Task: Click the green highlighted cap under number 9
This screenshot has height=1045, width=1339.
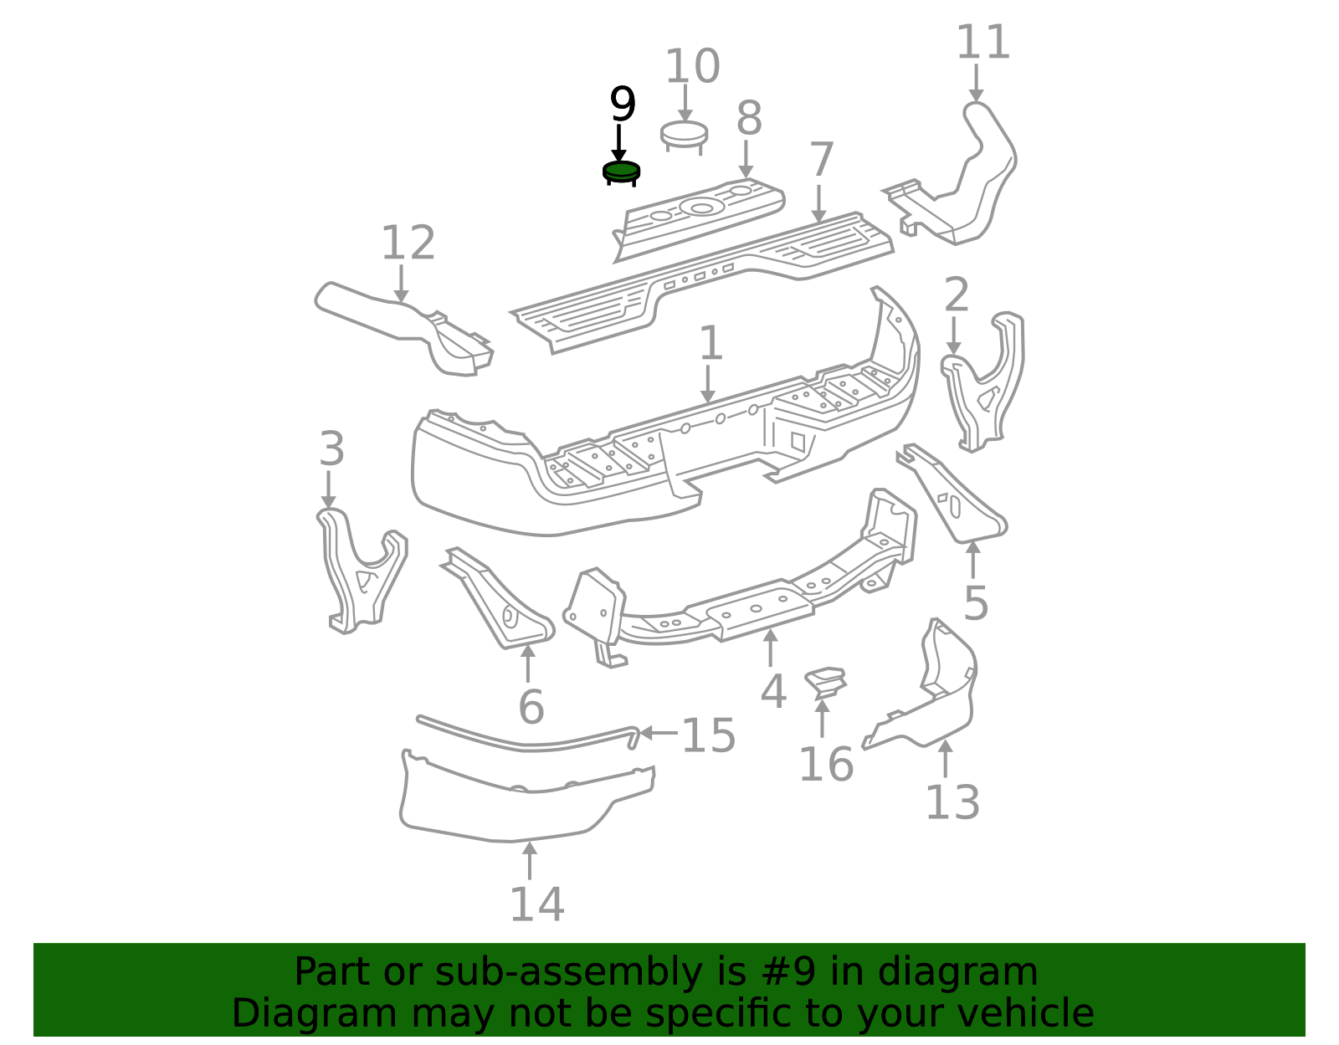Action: click(621, 172)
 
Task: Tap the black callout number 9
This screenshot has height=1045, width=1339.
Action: click(623, 104)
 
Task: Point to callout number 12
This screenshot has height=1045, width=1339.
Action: click(408, 243)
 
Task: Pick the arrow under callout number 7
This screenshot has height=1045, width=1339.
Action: click(818, 204)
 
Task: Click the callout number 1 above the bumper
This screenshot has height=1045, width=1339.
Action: click(711, 343)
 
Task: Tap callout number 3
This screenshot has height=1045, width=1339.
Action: click(331, 449)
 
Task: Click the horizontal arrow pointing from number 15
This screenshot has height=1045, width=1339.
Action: click(659, 733)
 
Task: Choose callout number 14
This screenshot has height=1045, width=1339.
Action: click(536, 904)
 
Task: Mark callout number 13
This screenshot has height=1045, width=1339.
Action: click(952, 802)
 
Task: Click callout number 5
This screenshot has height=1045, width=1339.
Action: click(976, 603)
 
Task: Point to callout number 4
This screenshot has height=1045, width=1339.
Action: click(773, 691)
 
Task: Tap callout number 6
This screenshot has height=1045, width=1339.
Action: click(531, 707)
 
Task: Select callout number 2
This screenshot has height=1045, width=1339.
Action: click(957, 295)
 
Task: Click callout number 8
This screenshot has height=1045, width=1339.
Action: click(749, 118)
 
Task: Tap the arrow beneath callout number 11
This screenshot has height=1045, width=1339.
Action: click(976, 83)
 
